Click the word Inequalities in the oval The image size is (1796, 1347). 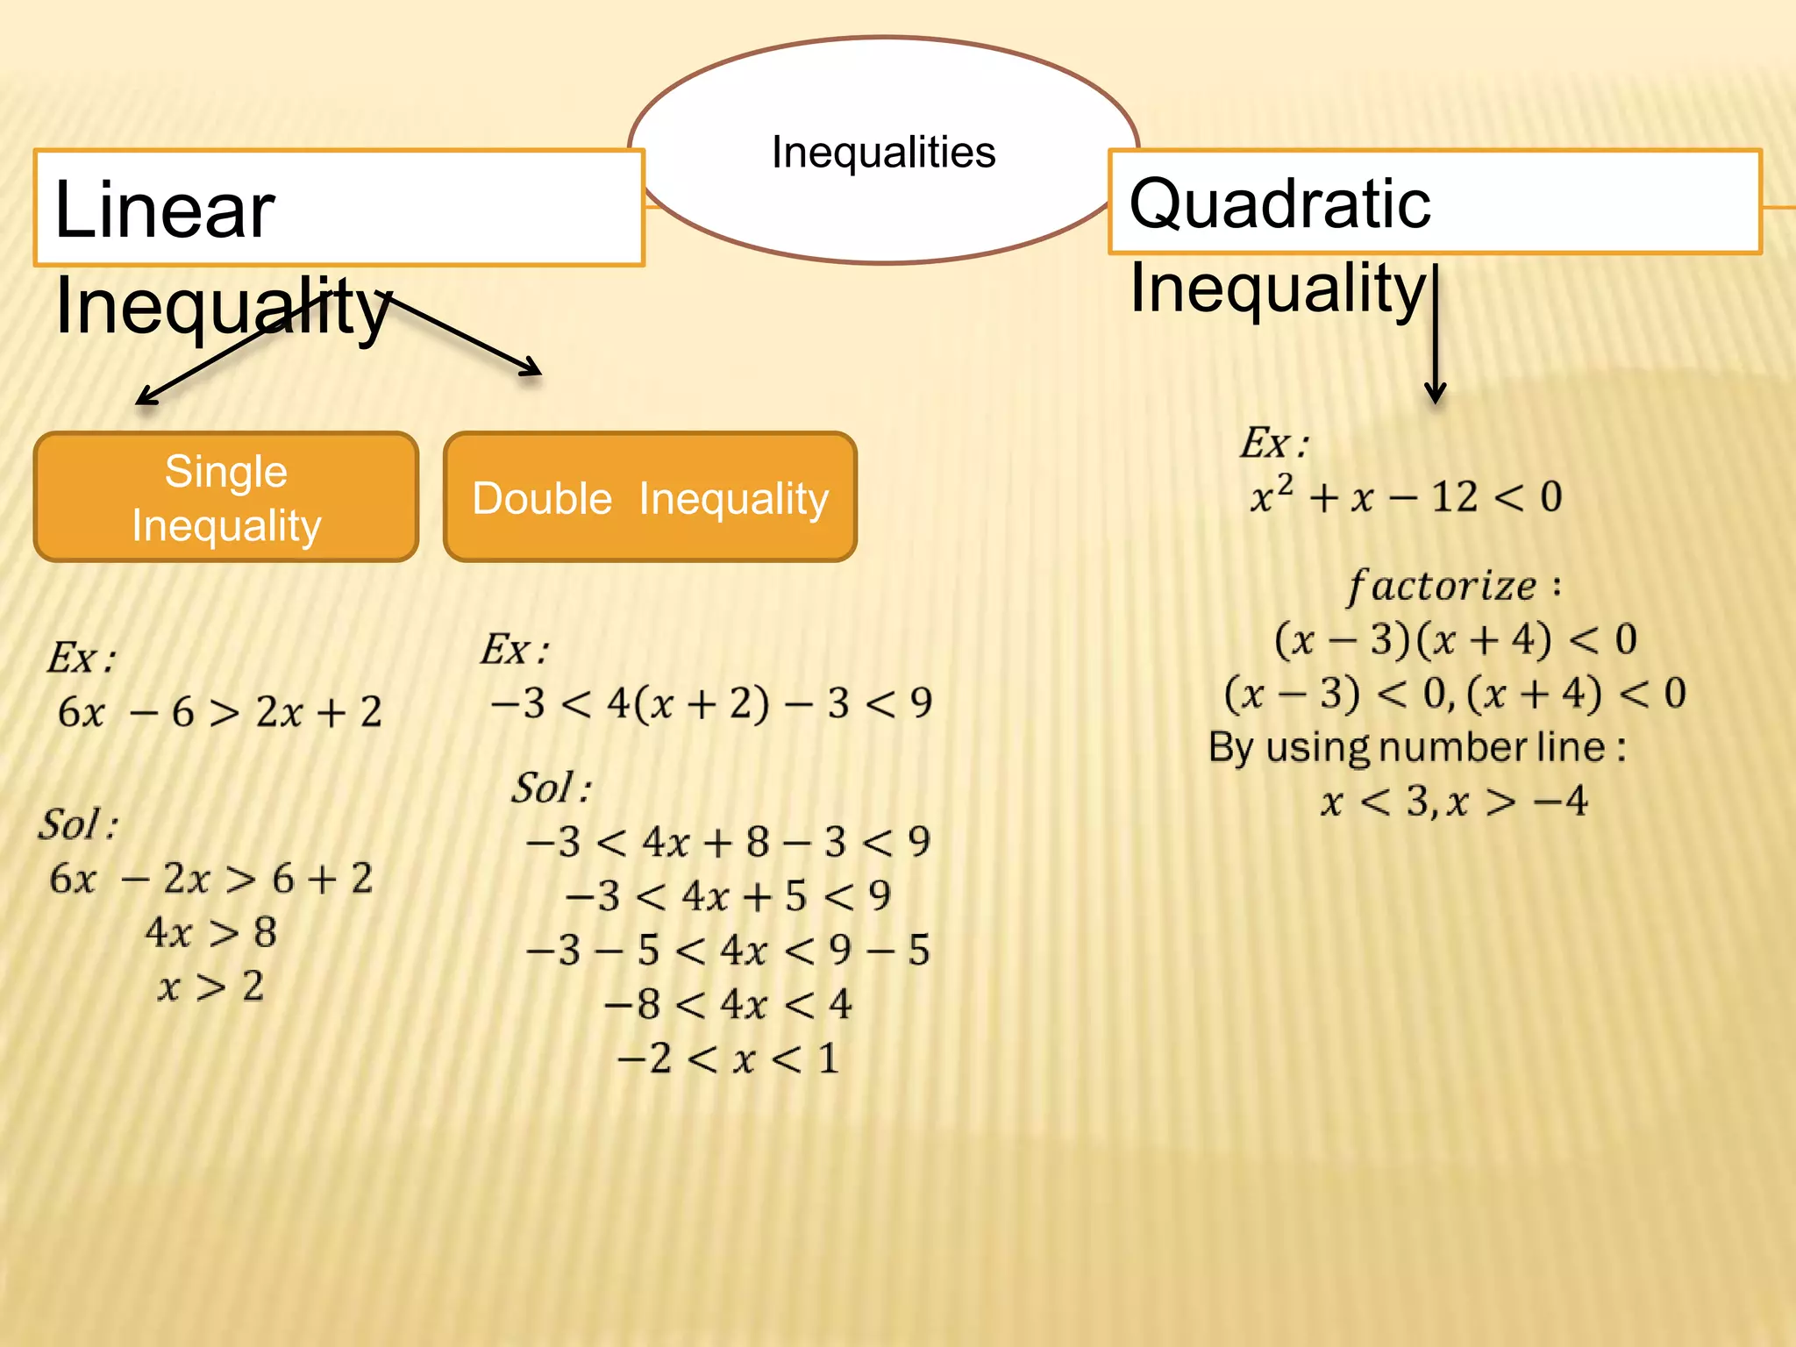(883, 153)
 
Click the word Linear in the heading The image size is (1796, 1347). (165, 210)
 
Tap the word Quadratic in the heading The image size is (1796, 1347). (1279, 203)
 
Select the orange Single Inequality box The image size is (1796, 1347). (226, 497)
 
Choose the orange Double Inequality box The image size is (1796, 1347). (650, 497)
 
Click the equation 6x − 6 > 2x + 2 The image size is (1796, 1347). (219, 711)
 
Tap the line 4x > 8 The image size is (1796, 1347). (210, 932)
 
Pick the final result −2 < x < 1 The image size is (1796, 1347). (728, 1058)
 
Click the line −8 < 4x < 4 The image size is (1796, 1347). (728, 1004)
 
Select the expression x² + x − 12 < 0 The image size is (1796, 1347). (1406, 496)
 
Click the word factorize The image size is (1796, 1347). (1443, 586)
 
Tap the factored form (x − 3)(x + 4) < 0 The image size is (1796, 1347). (1455, 639)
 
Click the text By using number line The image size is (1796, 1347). (1416, 747)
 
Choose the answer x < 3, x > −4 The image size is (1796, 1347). (1454, 802)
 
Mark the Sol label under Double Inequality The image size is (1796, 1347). (551, 788)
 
